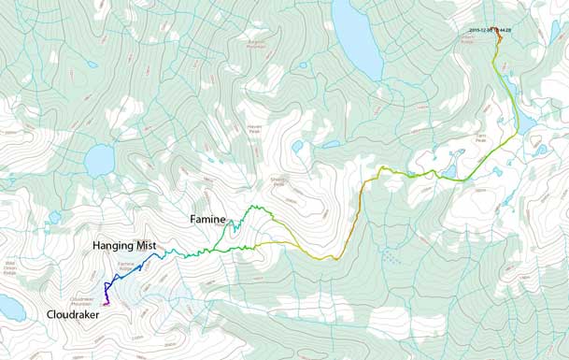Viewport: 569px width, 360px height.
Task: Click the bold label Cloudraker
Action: (x=72, y=315)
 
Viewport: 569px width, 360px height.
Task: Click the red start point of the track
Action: (x=498, y=35)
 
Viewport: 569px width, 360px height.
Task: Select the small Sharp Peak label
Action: (x=277, y=183)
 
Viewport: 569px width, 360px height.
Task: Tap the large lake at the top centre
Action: (x=358, y=41)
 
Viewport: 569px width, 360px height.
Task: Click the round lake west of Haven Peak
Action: (x=98, y=161)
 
